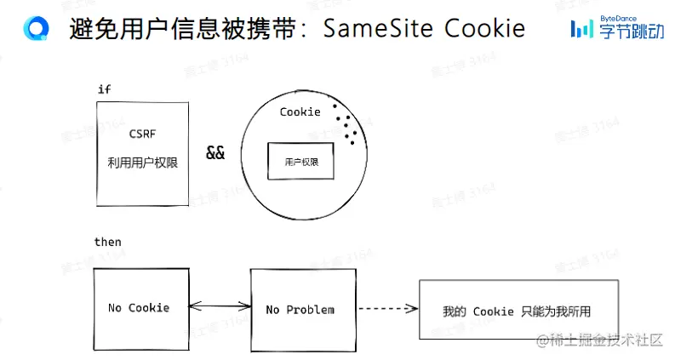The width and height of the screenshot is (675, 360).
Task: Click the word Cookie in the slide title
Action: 487,29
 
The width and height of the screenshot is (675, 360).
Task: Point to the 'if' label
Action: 105,89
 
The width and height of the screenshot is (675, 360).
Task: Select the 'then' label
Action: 107,242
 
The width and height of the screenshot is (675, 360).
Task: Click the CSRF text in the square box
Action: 142,134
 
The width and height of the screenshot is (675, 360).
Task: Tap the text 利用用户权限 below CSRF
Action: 142,163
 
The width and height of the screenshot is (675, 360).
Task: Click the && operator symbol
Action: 215,154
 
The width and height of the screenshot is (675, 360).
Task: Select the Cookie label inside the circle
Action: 300,111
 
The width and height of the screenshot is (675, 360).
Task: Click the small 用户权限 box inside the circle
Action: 300,161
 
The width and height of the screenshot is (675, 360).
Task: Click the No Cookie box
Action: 139,307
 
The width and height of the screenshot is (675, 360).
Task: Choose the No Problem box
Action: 300,309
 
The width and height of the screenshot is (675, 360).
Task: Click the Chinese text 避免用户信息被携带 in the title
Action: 182,29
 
